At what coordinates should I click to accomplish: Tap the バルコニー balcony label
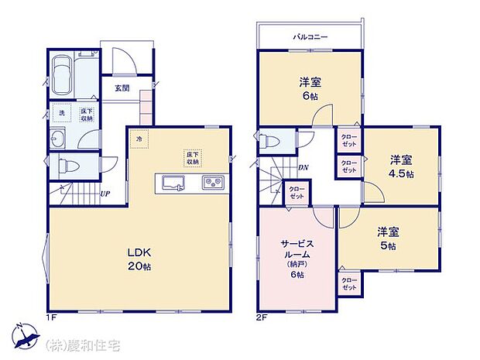pyautogui.click(x=310, y=36)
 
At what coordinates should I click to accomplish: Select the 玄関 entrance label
pyautogui.click(x=123, y=87)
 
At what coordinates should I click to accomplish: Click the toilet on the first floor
pyautogui.click(x=66, y=165)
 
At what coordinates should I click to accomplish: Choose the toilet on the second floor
pyautogui.click(x=267, y=142)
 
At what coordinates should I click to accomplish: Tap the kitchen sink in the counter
pyautogui.click(x=172, y=183)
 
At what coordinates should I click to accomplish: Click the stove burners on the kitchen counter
pyautogui.click(x=213, y=183)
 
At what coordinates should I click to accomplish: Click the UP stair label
pyautogui.click(x=105, y=194)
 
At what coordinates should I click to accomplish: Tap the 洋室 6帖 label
pyautogui.click(x=310, y=88)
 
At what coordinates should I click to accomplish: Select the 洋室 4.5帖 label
pyautogui.click(x=401, y=166)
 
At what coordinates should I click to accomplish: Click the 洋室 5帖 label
pyautogui.click(x=387, y=238)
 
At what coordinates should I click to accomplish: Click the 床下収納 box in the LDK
pyautogui.click(x=191, y=158)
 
